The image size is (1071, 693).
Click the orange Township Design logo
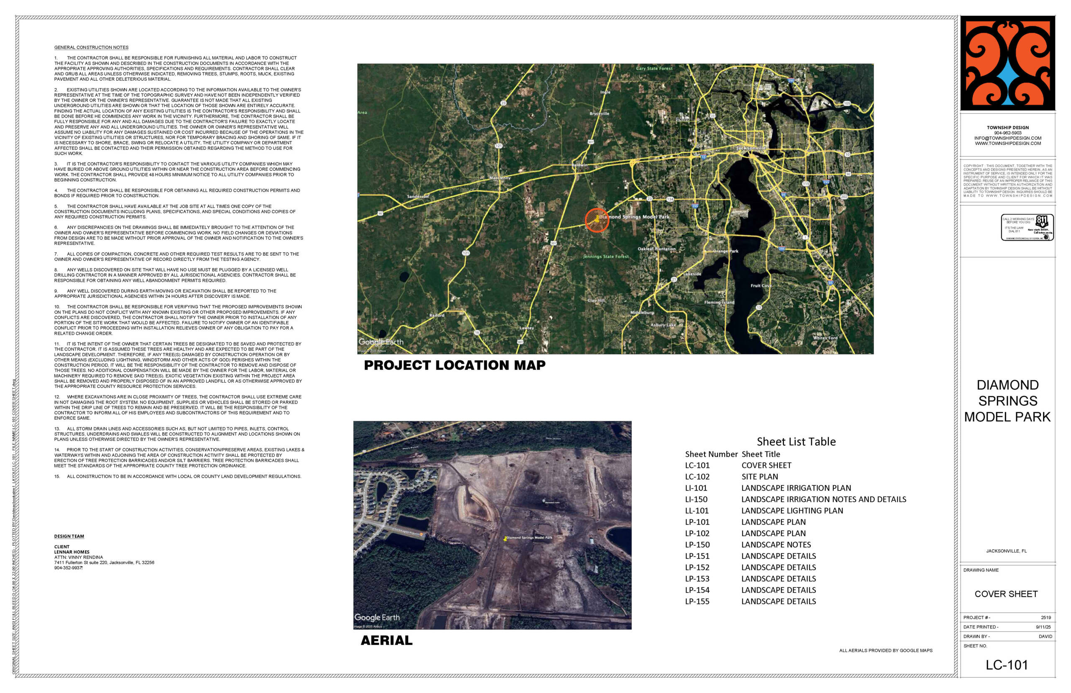pyautogui.click(x=1007, y=63)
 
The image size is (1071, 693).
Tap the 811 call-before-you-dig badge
pyautogui.click(x=1027, y=227)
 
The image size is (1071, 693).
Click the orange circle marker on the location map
pyautogui.click(x=597, y=220)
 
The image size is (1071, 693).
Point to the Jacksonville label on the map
pyautogui.click(x=751, y=148)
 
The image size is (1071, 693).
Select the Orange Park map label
pyautogui.click(x=725, y=251)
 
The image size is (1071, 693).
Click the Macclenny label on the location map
pyautogui.click(x=500, y=178)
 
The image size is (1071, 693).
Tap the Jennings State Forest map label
pyautogui.click(x=605, y=257)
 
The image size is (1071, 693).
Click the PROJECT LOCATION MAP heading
pyautogui.click(x=454, y=365)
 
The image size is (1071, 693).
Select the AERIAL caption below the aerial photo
pyautogui.click(x=387, y=640)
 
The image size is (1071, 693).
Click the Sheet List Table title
pyautogui.click(x=796, y=441)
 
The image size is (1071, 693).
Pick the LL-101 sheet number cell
pyautogui.click(x=696, y=511)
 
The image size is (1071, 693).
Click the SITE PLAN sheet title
pyautogui.click(x=759, y=477)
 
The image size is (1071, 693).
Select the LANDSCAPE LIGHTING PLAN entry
pyautogui.click(x=792, y=511)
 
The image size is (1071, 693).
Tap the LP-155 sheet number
pyautogui.click(x=697, y=601)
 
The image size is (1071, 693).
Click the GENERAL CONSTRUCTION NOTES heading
pyautogui.click(x=91, y=47)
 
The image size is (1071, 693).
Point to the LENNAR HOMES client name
pyautogui.click(x=72, y=552)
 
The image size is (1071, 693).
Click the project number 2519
pyautogui.click(x=1045, y=617)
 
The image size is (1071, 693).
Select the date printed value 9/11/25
pyautogui.click(x=1043, y=627)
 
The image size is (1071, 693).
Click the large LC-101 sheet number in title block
pyautogui.click(x=1007, y=665)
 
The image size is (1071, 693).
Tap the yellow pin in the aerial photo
pyautogui.click(x=505, y=538)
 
